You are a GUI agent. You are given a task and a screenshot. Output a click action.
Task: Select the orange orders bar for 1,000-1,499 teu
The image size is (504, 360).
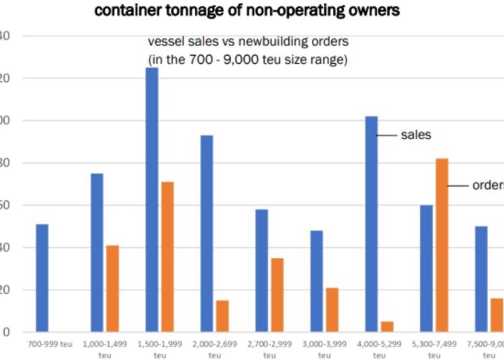tap(112, 289)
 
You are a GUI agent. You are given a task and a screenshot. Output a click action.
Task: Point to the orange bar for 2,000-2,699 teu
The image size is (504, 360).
tap(222, 316)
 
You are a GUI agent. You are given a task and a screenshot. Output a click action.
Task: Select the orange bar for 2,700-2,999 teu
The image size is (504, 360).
tap(278, 296)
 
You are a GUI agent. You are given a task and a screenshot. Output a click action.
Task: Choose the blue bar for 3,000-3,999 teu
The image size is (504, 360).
tap(317, 281)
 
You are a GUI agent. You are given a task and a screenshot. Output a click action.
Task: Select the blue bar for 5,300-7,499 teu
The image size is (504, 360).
tap(426, 269)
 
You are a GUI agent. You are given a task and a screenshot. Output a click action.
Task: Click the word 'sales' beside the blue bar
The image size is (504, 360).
tap(416, 135)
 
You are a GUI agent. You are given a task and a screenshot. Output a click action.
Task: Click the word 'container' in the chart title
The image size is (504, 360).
tap(127, 10)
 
